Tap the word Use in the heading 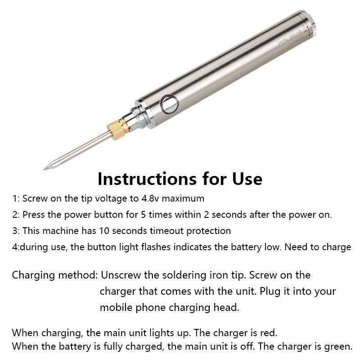point(245,179)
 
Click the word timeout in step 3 point(160,231)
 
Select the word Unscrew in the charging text point(119,275)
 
